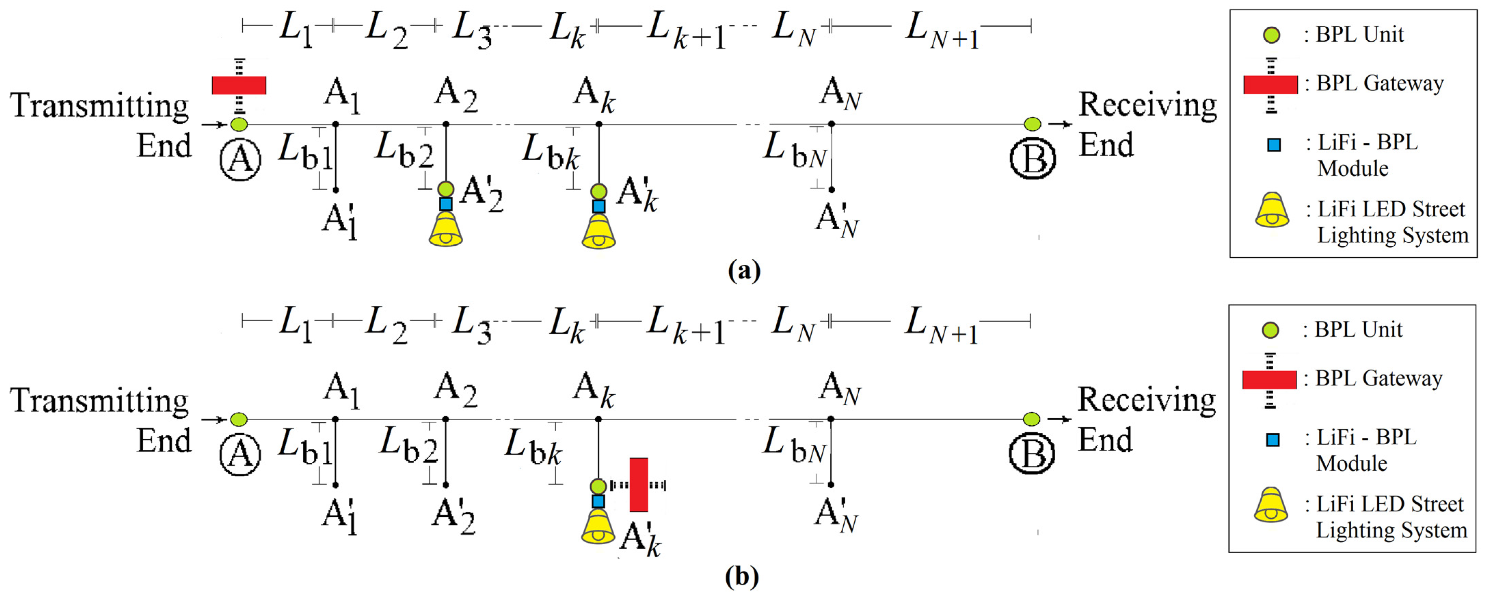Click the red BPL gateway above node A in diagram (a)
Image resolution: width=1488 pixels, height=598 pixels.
[x=239, y=85]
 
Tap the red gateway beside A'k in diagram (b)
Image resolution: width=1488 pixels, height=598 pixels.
[x=638, y=485]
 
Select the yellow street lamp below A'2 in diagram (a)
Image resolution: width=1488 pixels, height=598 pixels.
[x=445, y=230]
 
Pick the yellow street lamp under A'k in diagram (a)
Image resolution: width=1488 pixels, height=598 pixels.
[x=599, y=232]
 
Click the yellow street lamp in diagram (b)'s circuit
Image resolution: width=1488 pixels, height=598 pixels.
[x=598, y=527]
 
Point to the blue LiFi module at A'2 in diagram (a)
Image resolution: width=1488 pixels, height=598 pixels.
[x=445, y=204]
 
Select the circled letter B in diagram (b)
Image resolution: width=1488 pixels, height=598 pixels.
[x=1032, y=454]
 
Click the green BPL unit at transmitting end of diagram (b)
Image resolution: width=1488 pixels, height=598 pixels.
[x=239, y=419]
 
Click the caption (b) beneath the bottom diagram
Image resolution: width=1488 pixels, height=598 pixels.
[x=742, y=576]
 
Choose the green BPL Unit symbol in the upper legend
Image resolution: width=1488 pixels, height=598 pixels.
[x=1271, y=35]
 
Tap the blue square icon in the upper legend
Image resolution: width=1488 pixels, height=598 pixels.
[x=1274, y=145]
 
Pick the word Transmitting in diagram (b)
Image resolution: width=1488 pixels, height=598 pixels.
[x=99, y=400]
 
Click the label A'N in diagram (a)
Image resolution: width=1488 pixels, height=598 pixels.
[x=837, y=220]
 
